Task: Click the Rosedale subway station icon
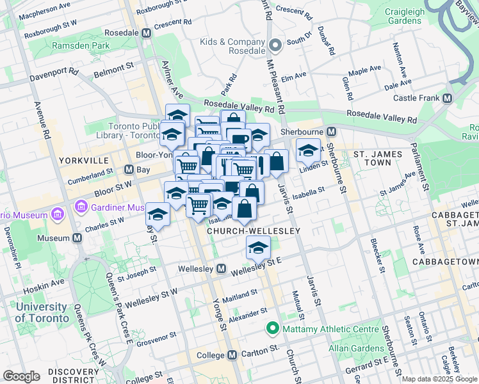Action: (146, 33)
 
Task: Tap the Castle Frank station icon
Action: (447, 99)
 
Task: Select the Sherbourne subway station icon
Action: (331, 132)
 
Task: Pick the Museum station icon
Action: (77, 238)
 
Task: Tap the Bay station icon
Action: (129, 170)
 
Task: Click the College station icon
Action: (230, 355)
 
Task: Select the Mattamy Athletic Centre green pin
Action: (272, 330)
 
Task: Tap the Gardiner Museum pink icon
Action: (81, 207)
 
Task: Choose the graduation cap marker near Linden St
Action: (309, 151)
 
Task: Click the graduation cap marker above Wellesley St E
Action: (259, 247)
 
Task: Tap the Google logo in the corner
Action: (22, 376)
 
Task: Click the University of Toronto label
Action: (41, 312)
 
